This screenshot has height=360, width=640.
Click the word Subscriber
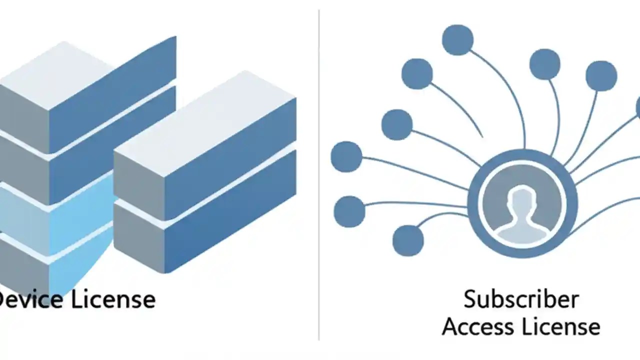[x=520, y=299]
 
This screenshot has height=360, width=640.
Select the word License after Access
[x=560, y=327]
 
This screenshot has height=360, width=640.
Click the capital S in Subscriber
[x=470, y=299]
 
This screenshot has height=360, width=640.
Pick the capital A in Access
[x=451, y=327]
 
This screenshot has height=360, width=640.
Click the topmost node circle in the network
[x=457, y=40]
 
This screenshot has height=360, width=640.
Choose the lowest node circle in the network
[x=408, y=240]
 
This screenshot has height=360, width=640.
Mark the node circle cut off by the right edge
[x=637, y=107]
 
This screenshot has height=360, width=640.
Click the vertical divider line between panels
[x=318, y=175]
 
